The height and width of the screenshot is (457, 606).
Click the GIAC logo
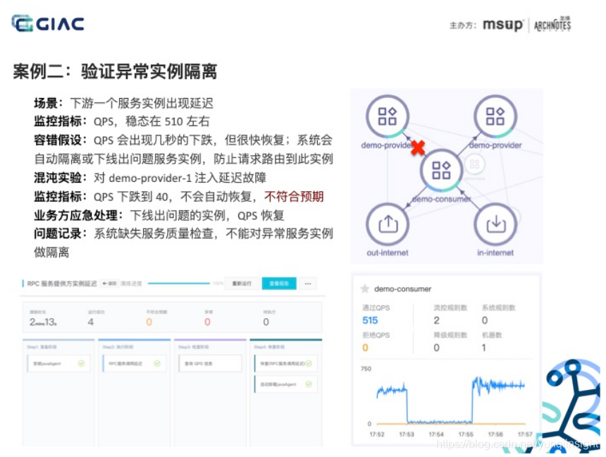48,23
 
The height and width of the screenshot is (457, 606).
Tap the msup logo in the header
502,25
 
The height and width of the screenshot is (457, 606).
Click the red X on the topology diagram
418,148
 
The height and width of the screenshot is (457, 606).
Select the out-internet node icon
387,224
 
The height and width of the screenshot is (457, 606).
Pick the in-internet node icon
496,224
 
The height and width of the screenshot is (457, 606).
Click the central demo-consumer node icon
441,169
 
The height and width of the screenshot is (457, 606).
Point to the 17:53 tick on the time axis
406,434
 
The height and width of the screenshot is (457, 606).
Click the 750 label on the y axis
366,370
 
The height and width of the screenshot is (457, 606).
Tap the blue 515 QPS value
370,320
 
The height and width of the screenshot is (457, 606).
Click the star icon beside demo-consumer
365,288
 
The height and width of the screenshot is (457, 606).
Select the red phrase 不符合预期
294,196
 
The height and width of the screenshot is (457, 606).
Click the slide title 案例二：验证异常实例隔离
115,71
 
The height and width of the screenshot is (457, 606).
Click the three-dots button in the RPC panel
307,284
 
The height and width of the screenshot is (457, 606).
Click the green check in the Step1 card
82,364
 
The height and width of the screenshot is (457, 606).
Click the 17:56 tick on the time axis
495,434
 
